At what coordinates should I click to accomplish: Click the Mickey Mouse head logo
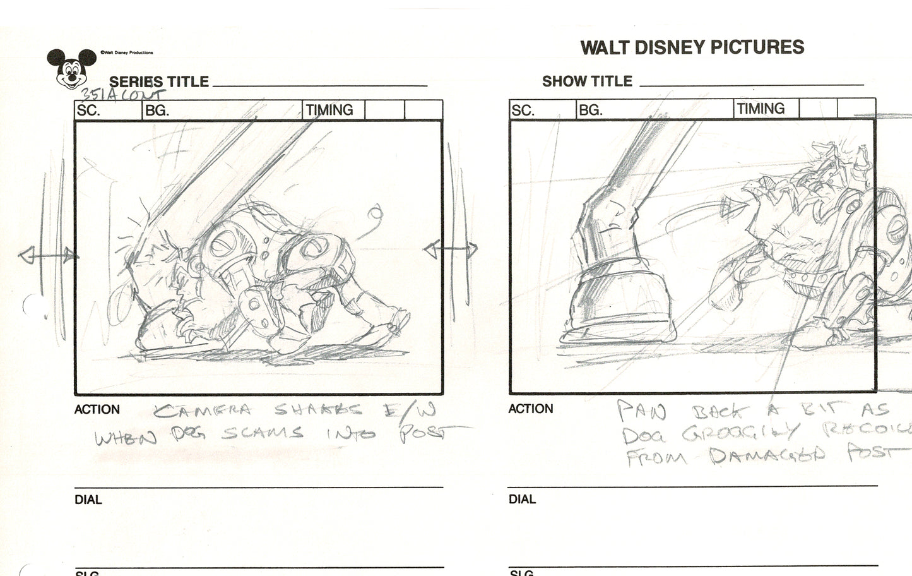point(69,68)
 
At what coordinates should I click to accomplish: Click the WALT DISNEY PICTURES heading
point(692,47)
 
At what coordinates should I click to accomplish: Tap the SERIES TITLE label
point(158,81)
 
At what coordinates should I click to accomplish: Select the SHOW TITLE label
point(586,81)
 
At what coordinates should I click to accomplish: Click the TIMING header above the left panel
point(329,110)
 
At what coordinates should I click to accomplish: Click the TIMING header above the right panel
point(761,109)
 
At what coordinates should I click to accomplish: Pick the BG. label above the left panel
point(157,111)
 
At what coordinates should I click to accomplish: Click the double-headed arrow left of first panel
point(48,256)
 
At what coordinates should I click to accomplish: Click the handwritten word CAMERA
point(203,411)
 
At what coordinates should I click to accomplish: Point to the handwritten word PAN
point(641,412)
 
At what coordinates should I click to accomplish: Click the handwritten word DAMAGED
point(766,454)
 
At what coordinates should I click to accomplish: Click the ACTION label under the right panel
point(530,409)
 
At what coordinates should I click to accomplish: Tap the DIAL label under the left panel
point(88,500)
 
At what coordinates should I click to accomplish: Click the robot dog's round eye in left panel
point(225,243)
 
